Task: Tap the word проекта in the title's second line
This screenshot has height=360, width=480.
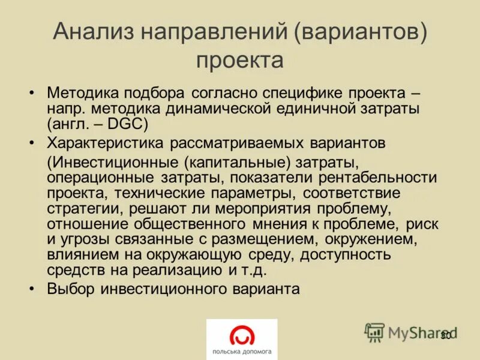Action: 239,60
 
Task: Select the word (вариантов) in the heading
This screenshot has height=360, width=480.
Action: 360,31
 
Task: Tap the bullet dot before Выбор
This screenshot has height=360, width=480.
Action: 32,289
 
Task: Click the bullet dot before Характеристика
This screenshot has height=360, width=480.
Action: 32,143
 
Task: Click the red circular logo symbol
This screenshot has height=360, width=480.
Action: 242,335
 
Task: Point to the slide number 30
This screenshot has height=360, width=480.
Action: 445,335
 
